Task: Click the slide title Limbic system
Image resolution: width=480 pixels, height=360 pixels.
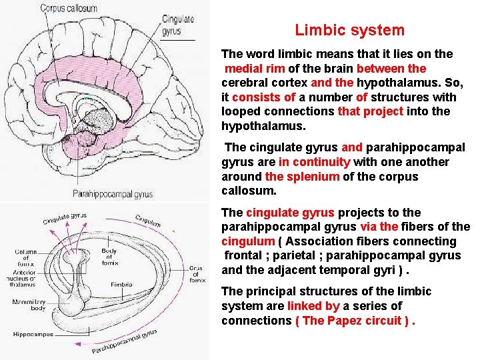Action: tap(349, 30)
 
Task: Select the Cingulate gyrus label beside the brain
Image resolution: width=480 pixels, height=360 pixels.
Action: tap(178, 25)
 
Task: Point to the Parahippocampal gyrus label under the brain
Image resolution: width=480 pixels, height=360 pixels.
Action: tap(113, 194)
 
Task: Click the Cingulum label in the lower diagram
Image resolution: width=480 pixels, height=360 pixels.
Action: tap(148, 221)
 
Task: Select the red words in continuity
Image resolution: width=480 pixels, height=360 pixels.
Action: tap(314, 162)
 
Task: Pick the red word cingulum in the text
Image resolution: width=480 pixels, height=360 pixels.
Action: tap(248, 241)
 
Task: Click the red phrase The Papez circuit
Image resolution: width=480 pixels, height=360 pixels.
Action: tap(353, 321)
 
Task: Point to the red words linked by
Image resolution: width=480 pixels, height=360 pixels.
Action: tap(313, 306)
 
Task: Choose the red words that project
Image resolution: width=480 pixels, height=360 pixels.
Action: tap(371, 111)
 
